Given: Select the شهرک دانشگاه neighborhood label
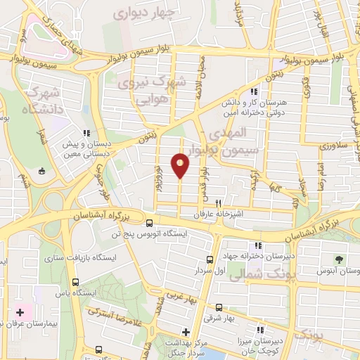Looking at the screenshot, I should click(x=43, y=101).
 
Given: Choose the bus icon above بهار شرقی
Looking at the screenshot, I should click(x=220, y=307).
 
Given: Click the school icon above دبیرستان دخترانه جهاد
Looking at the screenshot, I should click(x=259, y=245).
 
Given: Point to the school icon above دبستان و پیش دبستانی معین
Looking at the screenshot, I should click(x=86, y=132).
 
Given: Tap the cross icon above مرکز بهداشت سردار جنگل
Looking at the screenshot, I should click(x=186, y=332).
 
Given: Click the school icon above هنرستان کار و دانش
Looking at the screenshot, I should click(x=254, y=91).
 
